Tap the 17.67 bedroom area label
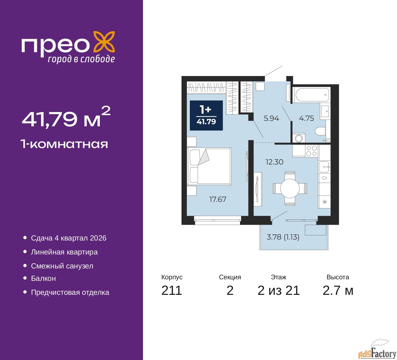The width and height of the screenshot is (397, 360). pos(218,199)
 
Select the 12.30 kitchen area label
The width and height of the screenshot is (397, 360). pos(274,162)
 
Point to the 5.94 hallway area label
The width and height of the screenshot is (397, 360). pos(271,118)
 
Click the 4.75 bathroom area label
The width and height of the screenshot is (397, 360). pos(306,118)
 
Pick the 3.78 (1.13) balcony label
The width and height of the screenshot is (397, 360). pos(283,237)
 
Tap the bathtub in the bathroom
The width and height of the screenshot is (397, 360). pos(311,95)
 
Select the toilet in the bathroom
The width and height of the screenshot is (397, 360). pos(320,131)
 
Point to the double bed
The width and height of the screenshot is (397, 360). pos(209,166)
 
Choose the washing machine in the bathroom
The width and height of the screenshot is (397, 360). pos(299,138)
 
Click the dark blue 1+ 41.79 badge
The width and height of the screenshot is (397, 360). pos(206,115)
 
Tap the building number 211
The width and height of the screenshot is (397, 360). pos(172,290)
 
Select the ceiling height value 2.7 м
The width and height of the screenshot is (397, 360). pos(338,290)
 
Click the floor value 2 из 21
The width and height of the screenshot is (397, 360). pos(279,290)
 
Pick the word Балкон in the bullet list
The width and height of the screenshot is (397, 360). pos(43,278)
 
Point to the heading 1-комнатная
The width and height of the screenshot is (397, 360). pos(65,144)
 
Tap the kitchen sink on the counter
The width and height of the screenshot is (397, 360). pos(324,167)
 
